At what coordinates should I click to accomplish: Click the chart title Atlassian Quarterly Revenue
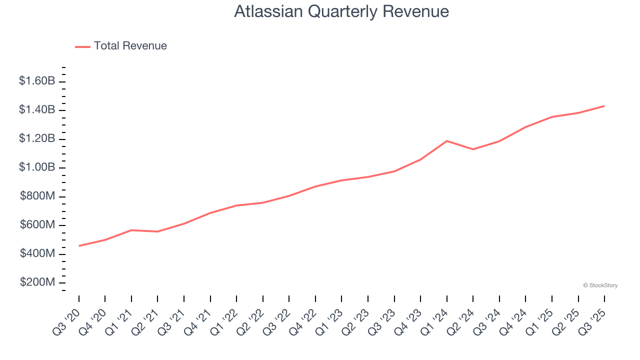point(341,11)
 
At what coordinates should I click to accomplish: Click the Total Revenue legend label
point(130,46)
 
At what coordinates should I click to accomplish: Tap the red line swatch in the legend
point(82,46)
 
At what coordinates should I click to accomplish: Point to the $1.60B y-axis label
point(37,81)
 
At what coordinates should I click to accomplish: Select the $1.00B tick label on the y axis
point(37,167)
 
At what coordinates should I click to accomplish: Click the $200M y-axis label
point(37,283)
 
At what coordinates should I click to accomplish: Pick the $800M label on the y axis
point(37,196)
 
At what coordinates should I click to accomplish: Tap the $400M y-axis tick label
point(37,254)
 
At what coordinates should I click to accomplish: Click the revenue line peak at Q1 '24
point(446,141)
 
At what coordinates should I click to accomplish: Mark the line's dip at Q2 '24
point(473,149)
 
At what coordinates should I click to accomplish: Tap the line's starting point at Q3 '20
point(79,245)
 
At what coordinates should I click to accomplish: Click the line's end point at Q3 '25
point(604,106)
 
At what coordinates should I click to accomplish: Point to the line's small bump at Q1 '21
point(131,230)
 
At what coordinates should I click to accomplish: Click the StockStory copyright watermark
point(600,285)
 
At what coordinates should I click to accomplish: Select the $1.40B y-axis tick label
point(37,110)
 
